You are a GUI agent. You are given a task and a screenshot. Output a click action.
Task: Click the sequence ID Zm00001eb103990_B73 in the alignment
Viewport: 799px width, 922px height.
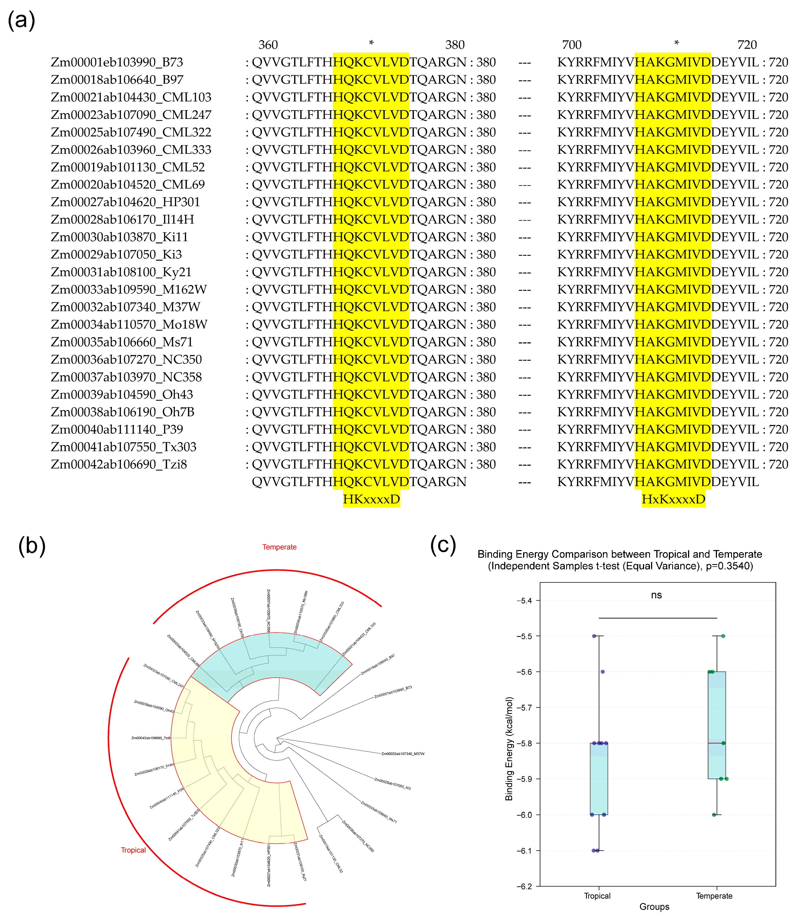point(117,62)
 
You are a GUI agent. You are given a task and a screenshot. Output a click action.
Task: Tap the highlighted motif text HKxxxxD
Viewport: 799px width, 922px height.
point(371,499)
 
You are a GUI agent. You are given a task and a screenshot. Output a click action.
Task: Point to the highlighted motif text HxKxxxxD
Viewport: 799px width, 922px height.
point(673,499)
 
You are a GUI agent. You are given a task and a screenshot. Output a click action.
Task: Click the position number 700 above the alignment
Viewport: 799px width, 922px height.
point(572,45)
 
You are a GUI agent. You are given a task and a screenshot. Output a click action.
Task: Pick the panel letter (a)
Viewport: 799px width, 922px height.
point(21,21)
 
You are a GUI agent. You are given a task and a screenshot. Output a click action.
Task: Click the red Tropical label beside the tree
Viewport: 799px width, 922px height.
point(133,850)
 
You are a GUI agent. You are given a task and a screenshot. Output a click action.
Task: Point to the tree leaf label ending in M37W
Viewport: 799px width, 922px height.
point(403,754)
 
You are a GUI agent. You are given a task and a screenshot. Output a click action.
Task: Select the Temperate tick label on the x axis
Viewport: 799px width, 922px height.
point(714,896)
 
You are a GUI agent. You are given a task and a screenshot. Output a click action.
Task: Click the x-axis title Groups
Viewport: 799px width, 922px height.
point(654,907)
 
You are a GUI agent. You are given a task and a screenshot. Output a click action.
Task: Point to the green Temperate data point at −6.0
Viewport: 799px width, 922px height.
point(714,815)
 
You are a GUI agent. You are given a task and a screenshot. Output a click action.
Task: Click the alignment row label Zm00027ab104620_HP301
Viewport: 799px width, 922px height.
point(125,202)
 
